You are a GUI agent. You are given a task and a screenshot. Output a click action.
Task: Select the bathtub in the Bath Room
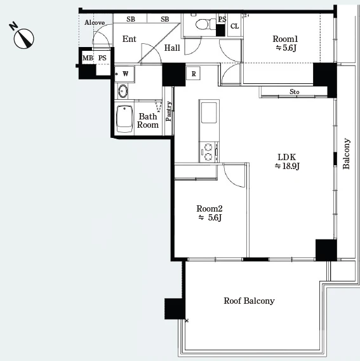pos(124,119)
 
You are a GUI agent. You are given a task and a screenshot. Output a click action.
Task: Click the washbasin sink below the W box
pos(123,91)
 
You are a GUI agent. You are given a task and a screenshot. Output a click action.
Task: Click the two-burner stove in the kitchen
pos(209,152)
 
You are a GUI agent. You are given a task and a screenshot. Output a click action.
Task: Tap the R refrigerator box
pos(193,74)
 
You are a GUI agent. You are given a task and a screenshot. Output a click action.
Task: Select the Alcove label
pos(95,23)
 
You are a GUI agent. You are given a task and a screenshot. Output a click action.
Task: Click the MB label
pos(88,58)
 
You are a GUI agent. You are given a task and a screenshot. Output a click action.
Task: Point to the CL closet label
pos(234,26)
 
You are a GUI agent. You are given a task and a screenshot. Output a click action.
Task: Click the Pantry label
pos(169,111)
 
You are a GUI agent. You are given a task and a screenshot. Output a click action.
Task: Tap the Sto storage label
pos(294,92)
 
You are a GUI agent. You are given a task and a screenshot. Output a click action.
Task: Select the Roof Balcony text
pos(249,301)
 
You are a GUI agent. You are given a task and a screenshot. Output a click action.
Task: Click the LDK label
pos(286,157)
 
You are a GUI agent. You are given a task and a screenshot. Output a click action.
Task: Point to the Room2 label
pos(210,208)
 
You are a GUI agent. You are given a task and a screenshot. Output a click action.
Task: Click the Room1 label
pos(285,39)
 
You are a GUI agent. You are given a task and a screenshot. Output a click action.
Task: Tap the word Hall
pos(172,48)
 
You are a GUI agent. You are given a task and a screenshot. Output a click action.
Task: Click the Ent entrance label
pos(130,39)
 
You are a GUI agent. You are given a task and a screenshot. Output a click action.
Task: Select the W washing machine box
pos(124,74)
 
